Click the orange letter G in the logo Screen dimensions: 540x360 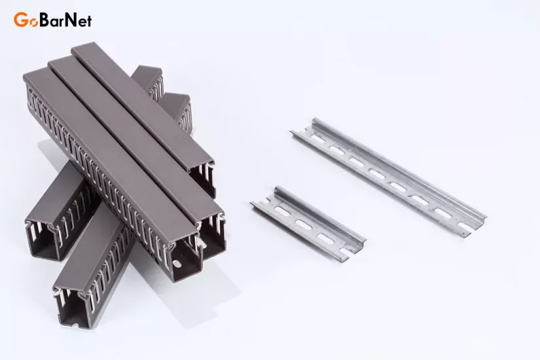click(20, 20)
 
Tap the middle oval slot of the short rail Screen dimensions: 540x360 click(304, 225)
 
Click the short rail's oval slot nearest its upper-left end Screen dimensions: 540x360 click(284, 211)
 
